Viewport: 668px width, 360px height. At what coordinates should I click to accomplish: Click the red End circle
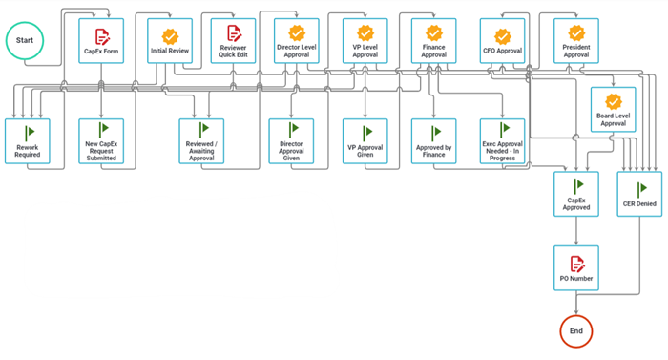pyautogui.click(x=576, y=330)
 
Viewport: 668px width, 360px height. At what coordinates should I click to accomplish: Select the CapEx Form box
pyautogui.click(x=101, y=41)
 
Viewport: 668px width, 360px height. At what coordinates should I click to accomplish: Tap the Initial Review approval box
pyautogui.click(x=170, y=41)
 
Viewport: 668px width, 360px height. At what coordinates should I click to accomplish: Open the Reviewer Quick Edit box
pyautogui.click(x=234, y=41)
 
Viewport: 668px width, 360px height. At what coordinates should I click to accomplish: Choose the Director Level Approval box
pyautogui.click(x=297, y=41)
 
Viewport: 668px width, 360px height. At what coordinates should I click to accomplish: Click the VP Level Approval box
pyautogui.click(x=365, y=41)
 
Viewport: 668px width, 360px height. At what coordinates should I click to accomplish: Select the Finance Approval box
pyautogui.click(x=434, y=41)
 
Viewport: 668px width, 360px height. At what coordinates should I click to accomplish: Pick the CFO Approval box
pyautogui.click(x=503, y=41)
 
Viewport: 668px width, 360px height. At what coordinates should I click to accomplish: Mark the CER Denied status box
pyautogui.click(x=640, y=195)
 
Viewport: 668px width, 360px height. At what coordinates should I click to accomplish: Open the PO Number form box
pyautogui.click(x=576, y=268)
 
